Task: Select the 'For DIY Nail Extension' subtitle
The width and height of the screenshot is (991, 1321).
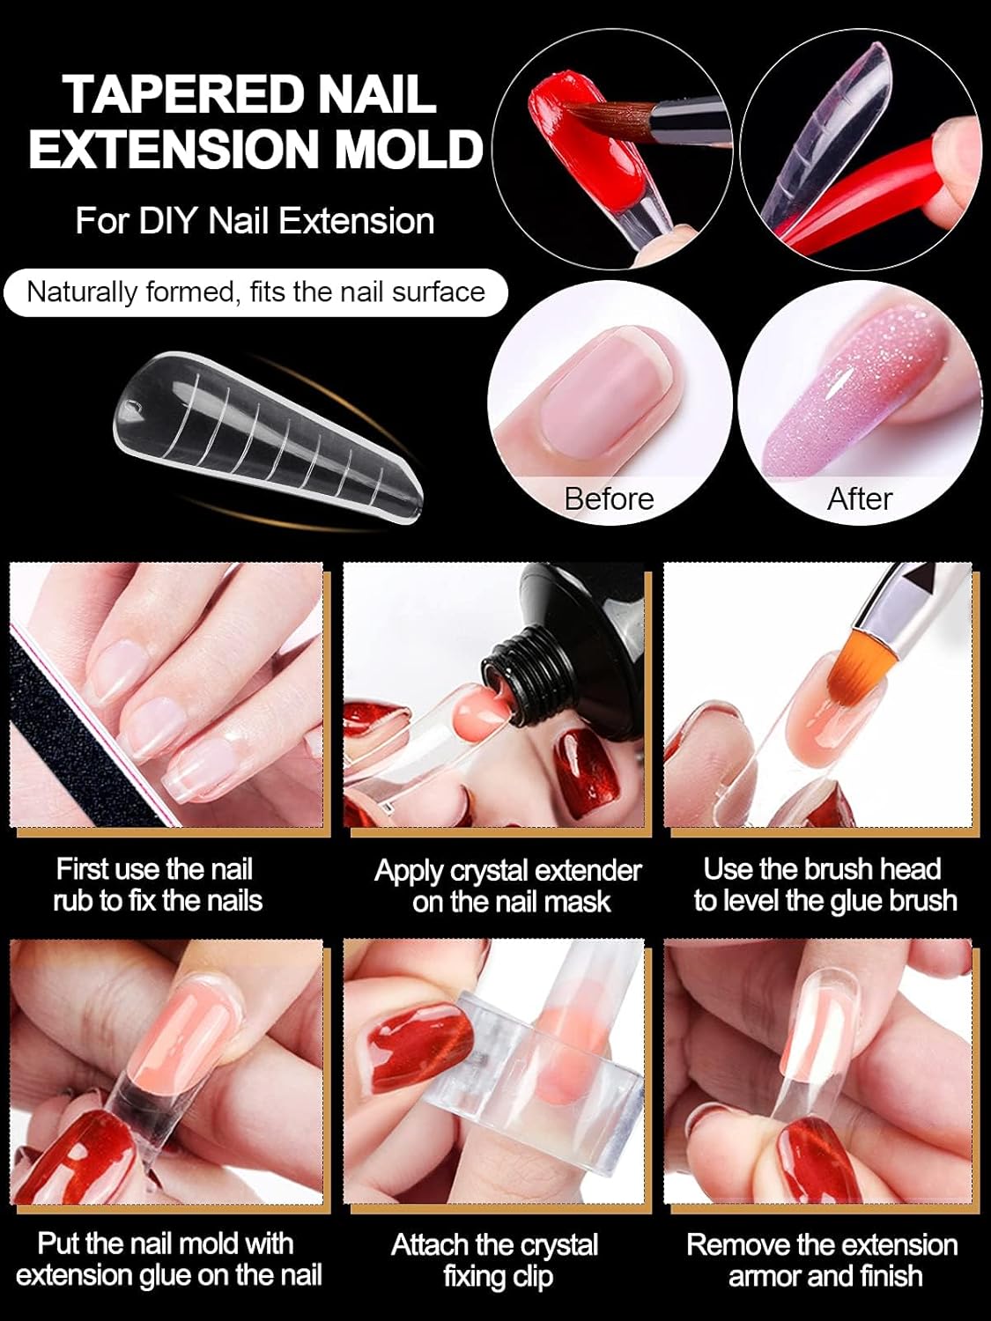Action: click(255, 220)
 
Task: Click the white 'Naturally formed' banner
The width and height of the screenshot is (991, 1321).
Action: click(255, 292)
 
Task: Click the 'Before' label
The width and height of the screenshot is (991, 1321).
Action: click(609, 498)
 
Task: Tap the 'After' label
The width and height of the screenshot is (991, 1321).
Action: click(859, 498)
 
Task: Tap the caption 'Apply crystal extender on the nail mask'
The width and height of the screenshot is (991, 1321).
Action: click(508, 885)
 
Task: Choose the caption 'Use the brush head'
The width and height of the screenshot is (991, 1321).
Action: click(824, 884)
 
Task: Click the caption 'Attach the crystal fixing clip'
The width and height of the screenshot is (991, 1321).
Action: click(496, 1259)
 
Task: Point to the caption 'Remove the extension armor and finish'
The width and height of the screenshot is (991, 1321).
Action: click(822, 1259)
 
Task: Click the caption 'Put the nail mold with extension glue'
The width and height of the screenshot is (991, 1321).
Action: click(167, 1259)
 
